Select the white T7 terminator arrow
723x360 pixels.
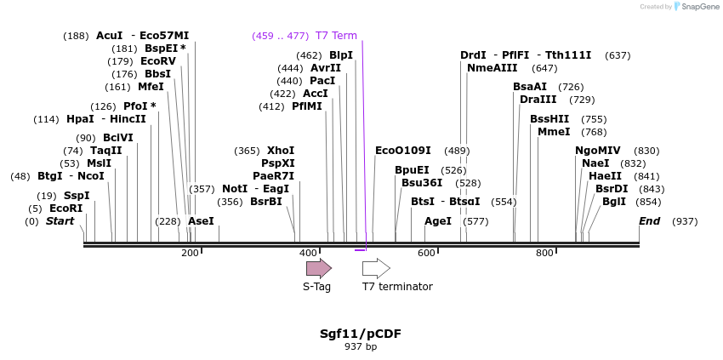[x=376, y=269]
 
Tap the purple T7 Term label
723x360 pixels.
[x=336, y=36]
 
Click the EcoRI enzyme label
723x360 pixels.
[x=65, y=209]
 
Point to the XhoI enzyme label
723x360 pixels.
[x=281, y=151]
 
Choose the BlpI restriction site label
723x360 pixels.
[x=341, y=55]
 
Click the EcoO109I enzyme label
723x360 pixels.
[x=403, y=151]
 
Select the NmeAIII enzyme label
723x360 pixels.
[x=492, y=68]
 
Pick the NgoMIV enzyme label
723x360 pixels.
[x=598, y=151]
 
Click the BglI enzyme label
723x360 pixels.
[x=614, y=202]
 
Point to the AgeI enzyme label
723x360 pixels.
[x=438, y=221]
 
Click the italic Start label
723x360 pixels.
[x=60, y=221]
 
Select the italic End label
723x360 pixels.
[x=650, y=221]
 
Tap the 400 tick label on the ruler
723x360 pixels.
[x=308, y=253]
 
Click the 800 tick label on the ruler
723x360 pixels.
[x=544, y=253]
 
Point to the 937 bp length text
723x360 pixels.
[x=361, y=346]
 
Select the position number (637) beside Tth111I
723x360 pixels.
[x=618, y=55]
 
